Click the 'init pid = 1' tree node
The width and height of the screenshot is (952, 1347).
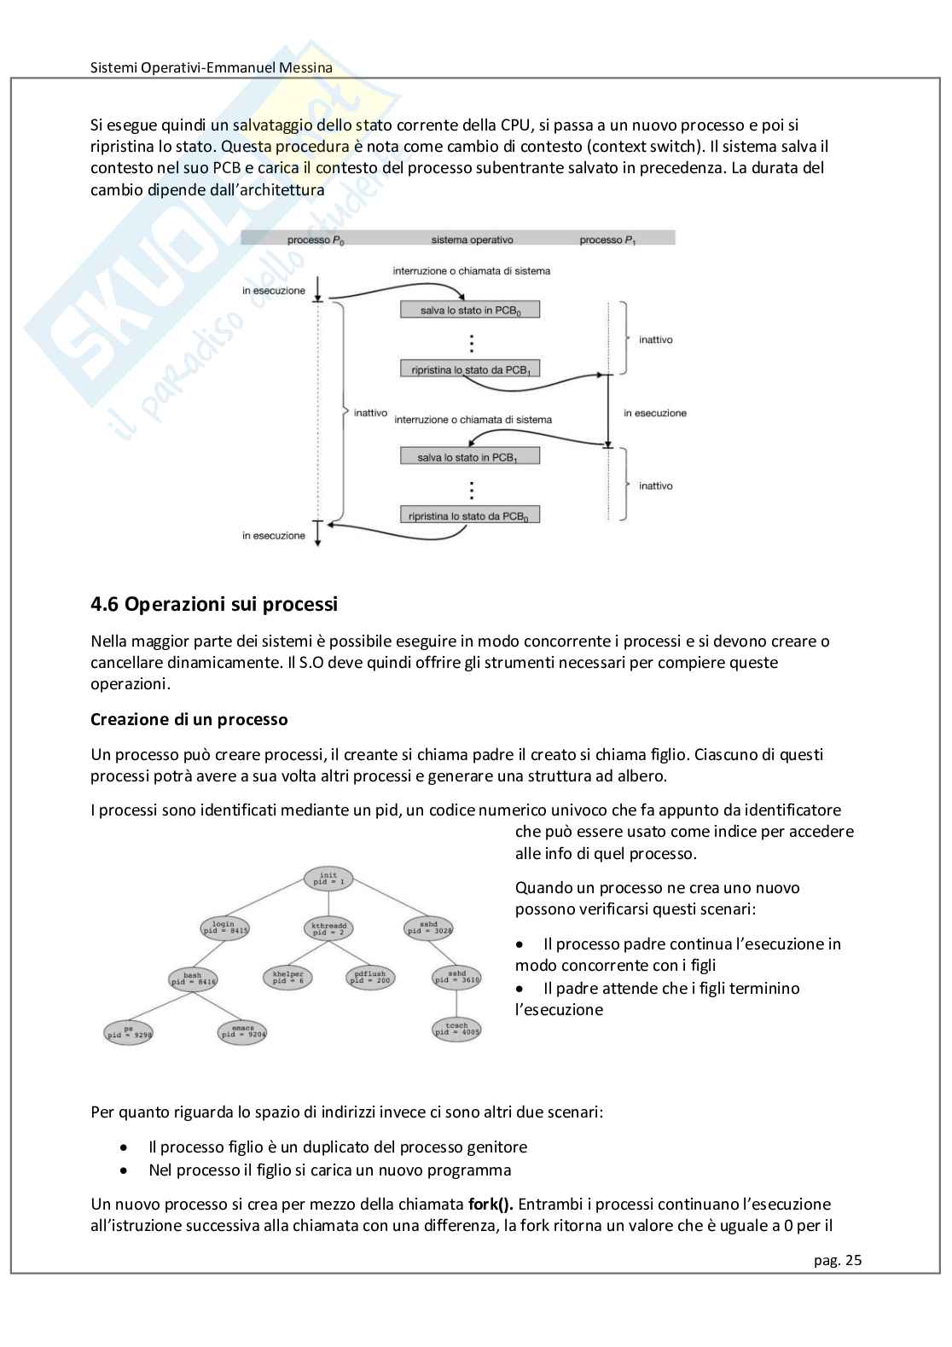coord(328,879)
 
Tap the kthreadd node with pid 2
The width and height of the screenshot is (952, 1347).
coord(328,927)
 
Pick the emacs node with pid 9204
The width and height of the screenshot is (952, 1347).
coord(243,1032)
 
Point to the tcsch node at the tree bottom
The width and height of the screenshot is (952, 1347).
coord(457,1029)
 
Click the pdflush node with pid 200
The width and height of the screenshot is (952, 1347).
coord(370,978)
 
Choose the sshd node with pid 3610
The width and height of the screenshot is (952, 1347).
coord(457,977)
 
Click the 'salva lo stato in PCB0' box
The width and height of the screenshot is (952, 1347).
coord(470,311)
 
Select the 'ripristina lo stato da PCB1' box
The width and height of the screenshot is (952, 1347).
coord(470,369)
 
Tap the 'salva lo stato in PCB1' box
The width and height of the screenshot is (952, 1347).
coord(470,457)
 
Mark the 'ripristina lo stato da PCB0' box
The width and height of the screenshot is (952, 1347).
coord(470,515)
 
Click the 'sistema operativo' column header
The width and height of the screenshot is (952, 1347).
coord(472,240)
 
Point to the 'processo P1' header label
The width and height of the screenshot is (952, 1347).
coord(607,240)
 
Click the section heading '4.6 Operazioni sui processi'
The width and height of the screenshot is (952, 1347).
coord(214,605)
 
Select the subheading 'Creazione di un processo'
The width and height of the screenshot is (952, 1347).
coord(189,719)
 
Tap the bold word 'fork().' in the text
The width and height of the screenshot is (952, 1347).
coord(491,1205)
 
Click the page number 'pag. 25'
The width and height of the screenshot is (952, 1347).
coord(838,1260)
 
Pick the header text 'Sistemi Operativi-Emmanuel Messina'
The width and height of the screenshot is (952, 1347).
coord(212,67)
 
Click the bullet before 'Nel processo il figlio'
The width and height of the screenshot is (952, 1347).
coord(125,1170)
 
